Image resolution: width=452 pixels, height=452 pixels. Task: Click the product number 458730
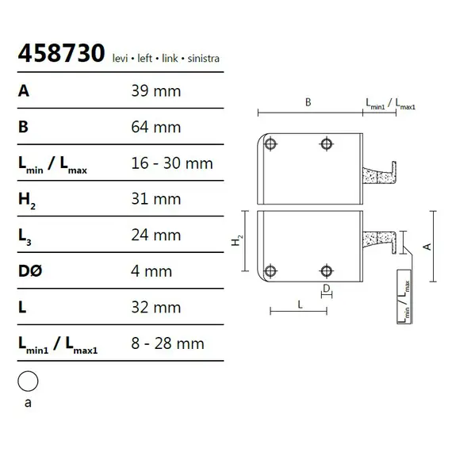click(61, 54)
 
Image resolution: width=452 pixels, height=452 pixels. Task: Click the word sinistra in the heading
click(201, 59)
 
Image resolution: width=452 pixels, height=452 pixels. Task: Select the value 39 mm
click(155, 91)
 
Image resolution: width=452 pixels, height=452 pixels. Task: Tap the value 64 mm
click(155, 127)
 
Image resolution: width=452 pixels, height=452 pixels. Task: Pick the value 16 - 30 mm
click(171, 163)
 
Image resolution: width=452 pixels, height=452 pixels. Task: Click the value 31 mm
click(155, 199)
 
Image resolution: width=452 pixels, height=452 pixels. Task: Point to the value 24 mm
click(155, 236)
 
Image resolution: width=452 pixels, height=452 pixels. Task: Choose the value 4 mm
click(151, 271)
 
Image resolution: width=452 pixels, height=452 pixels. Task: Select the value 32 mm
click(155, 308)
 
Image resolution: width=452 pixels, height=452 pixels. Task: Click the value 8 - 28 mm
click(167, 343)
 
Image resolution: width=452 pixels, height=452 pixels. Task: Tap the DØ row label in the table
click(29, 271)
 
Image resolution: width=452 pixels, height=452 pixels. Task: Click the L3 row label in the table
click(25, 236)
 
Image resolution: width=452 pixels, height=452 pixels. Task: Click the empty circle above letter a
click(29, 381)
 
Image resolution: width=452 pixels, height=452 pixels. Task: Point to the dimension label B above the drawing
click(307, 102)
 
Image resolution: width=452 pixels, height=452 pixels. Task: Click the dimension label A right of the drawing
click(427, 246)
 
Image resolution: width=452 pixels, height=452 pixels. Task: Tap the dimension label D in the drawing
click(326, 287)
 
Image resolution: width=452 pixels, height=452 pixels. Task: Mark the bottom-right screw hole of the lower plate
click(325, 270)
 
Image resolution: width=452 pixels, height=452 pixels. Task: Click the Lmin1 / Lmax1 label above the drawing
click(391, 104)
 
